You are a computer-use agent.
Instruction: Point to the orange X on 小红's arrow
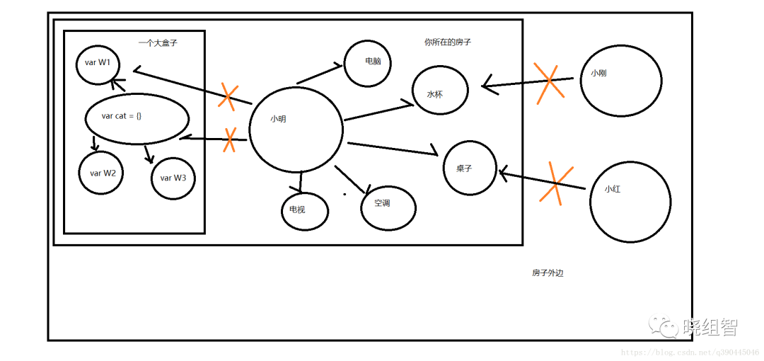(x=555, y=183)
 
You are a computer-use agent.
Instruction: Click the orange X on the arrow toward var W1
(x=228, y=96)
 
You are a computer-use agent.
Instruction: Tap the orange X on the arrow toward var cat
(x=230, y=140)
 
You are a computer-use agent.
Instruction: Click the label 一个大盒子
(x=158, y=43)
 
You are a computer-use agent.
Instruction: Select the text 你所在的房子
(x=448, y=42)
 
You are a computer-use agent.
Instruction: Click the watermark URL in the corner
(x=691, y=351)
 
